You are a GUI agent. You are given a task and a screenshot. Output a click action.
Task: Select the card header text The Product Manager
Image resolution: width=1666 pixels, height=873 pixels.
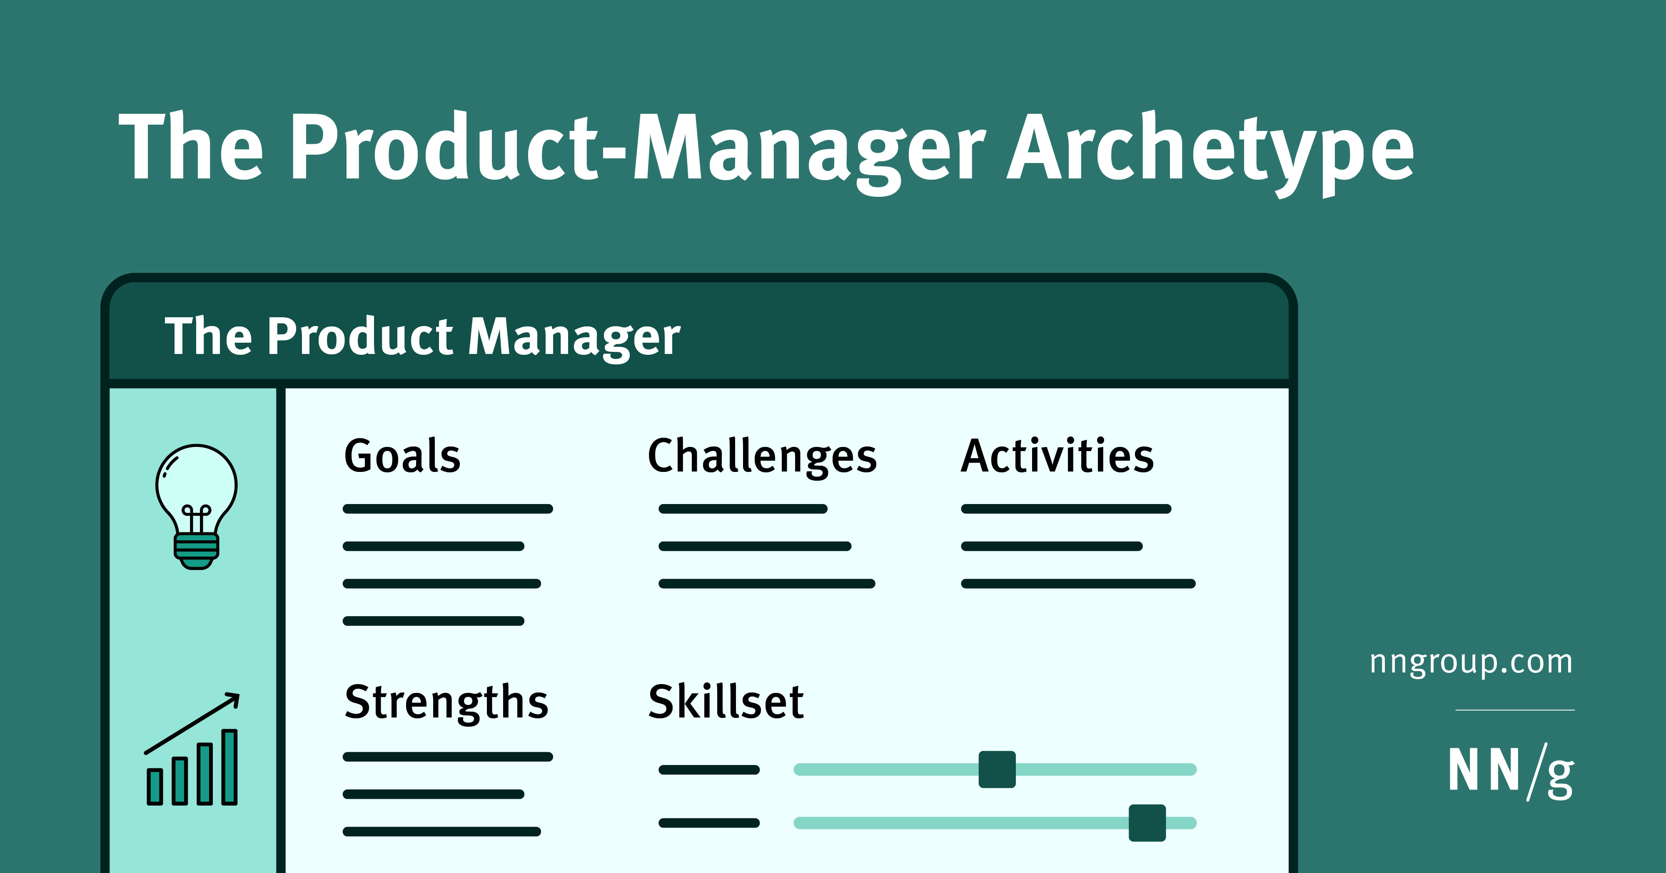(422, 337)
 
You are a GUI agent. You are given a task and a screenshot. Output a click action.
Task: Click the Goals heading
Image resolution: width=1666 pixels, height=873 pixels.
(402, 456)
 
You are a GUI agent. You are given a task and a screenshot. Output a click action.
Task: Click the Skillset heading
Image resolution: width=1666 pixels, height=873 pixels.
(726, 702)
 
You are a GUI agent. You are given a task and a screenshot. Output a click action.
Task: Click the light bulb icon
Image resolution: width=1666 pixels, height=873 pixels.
(197, 506)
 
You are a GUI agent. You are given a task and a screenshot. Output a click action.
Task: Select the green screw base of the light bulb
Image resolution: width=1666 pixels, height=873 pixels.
(197, 552)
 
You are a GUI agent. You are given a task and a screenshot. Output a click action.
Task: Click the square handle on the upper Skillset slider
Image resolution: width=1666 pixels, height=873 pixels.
(997, 770)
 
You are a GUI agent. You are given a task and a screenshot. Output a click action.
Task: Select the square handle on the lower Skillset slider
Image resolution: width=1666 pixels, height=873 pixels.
(1147, 823)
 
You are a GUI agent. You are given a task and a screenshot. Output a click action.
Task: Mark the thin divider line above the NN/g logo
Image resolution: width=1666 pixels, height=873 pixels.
(1515, 710)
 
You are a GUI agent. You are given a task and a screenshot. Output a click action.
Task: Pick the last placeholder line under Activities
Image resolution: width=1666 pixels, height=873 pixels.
(1078, 584)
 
